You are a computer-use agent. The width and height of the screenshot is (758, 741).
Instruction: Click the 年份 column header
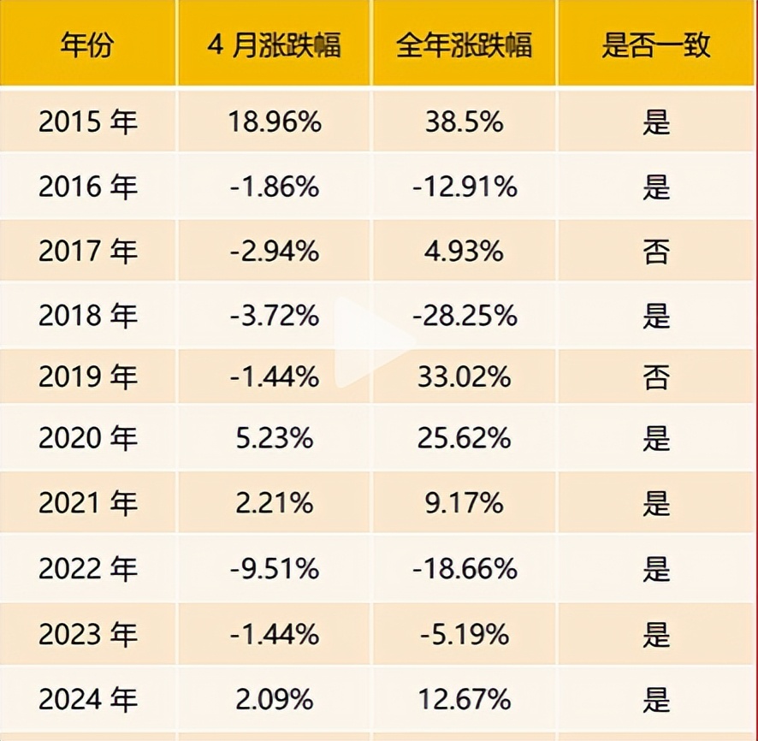pos(87,44)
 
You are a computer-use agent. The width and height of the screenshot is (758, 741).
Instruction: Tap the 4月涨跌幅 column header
pos(274,44)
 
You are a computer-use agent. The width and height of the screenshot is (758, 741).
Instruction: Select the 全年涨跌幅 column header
pos(464,44)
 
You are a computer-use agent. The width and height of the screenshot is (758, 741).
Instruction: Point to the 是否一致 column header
pos(656,44)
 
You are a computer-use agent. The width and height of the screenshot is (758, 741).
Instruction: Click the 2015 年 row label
pos(87,122)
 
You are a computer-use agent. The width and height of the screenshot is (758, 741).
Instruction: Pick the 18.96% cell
pos(274,122)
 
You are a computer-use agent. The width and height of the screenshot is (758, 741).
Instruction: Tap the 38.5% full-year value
pos(464,122)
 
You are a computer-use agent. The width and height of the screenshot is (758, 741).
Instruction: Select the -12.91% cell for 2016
pos(464,187)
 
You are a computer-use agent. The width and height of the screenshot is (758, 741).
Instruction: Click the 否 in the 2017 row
pos(656,251)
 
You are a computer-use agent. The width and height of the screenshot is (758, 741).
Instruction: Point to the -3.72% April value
pos(274,316)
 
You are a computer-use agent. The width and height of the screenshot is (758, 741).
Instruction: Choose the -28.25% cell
pos(464,316)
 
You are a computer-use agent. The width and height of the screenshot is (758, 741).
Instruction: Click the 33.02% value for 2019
pos(464,376)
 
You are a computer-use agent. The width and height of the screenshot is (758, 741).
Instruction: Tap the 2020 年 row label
pos(87,439)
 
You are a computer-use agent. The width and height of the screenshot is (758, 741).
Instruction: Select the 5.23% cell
pos(274,439)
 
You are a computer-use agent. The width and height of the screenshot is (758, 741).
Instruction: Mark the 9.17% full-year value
pos(464,503)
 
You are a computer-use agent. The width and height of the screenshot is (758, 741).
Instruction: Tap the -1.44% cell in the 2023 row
pos(274,634)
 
